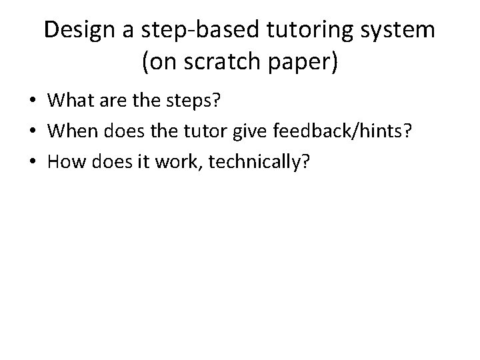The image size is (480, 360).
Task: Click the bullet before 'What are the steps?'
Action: coord(32,101)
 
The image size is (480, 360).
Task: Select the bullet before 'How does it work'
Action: coord(32,161)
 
